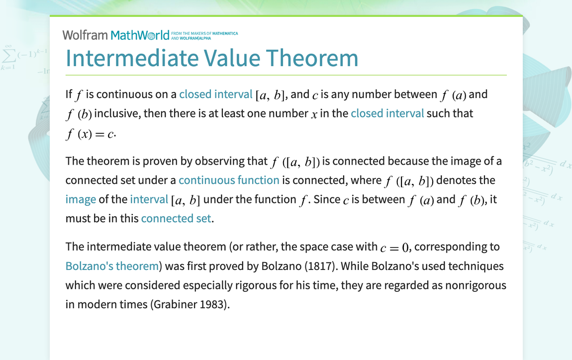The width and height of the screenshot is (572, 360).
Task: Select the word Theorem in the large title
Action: coord(312,58)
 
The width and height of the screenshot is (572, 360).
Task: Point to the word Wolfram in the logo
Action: coord(85,35)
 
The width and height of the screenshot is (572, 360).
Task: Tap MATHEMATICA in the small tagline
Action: coord(225,33)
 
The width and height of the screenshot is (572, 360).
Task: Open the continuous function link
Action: coord(229,180)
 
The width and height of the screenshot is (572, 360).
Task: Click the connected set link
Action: coord(176,218)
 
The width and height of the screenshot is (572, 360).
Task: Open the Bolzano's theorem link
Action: coord(112,266)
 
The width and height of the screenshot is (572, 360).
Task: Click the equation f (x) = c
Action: coord(90,134)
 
